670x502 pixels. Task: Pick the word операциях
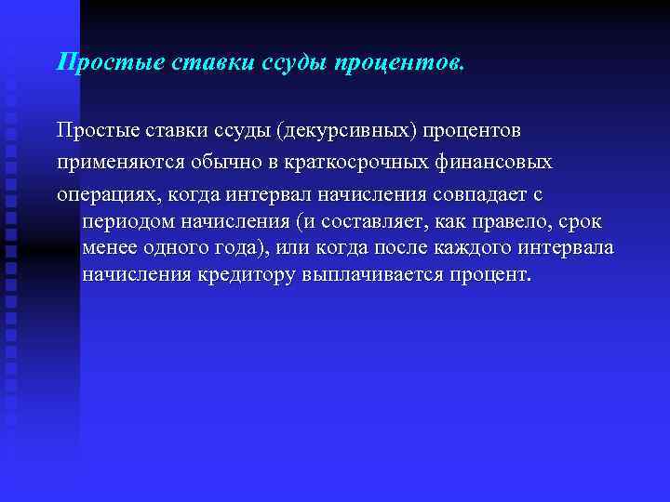click(x=107, y=195)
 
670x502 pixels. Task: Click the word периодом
click(x=130, y=223)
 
